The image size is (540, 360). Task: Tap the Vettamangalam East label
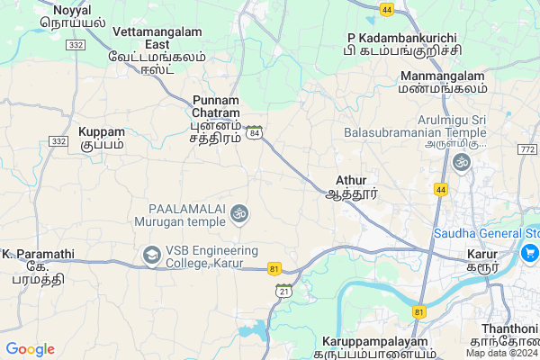pos(157,43)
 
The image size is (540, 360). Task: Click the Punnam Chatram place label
pos(216,119)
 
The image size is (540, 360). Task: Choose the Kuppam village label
pos(102,138)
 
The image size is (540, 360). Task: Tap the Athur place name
pos(351,186)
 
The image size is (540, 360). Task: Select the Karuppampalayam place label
pos(378,347)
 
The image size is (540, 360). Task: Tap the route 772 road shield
pos(527,148)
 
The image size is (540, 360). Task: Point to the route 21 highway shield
pos(284,290)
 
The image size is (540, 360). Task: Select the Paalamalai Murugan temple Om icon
pos(238,213)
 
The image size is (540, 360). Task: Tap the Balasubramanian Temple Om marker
pos(462,162)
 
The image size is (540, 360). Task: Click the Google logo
pos(30,349)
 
